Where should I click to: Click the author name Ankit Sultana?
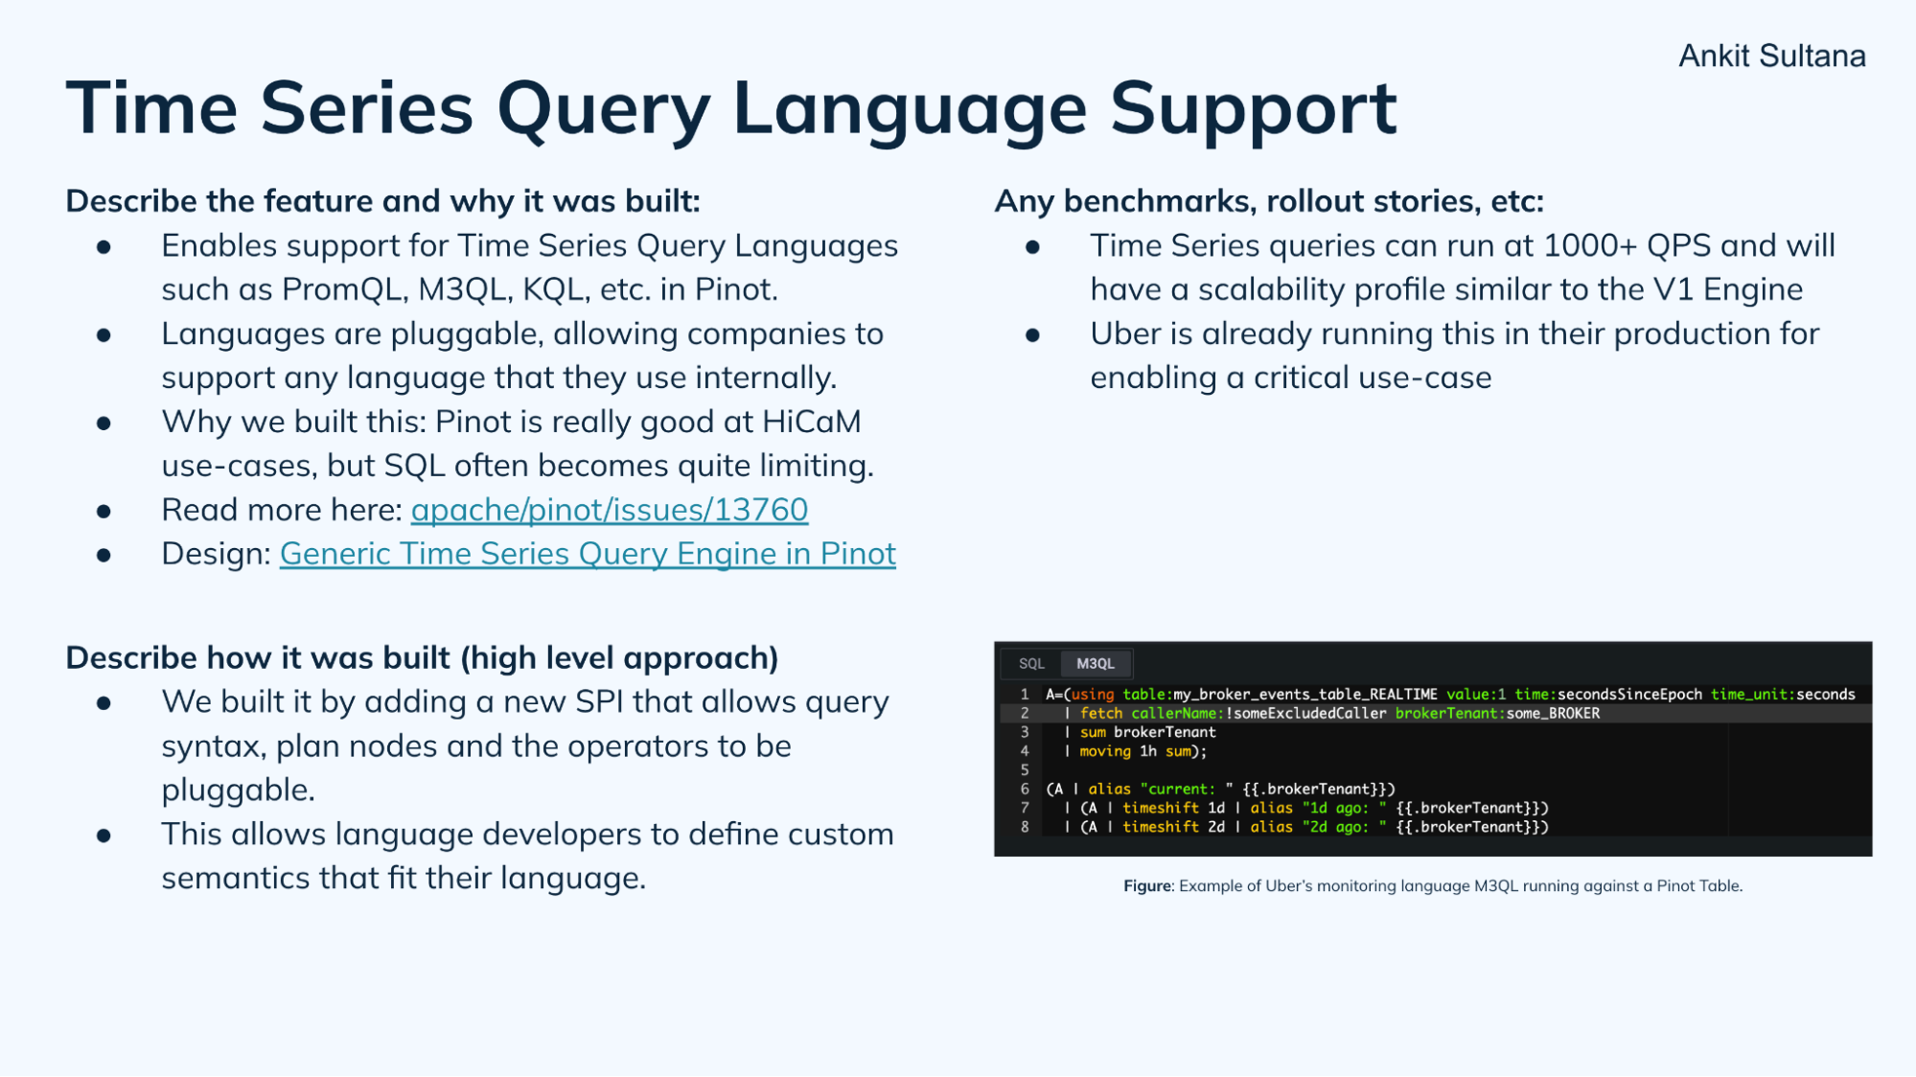click(1771, 56)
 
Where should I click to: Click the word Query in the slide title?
click(603, 108)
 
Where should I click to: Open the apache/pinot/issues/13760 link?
click(609, 510)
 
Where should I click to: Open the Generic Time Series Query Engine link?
click(587, 554)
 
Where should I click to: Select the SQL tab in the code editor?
click(1031, 663)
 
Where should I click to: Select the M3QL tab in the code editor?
click(1095, 663)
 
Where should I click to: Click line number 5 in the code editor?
click(1025, 769)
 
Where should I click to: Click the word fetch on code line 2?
click(1100, 713)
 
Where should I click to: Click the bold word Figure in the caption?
click(1147, 886)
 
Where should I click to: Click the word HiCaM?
click(811, 422)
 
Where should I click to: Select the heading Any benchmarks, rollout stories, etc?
click(1269, 201)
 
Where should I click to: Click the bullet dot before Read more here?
click(104, 512)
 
